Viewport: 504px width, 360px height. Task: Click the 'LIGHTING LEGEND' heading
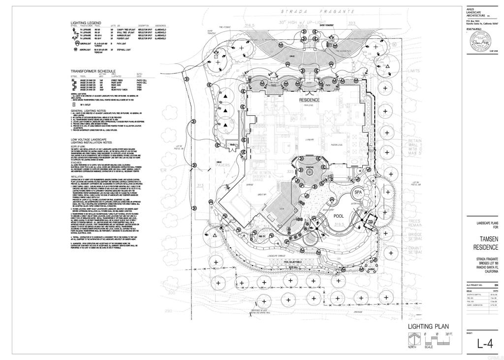[86, 23]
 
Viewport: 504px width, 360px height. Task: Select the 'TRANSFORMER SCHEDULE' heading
[93, 71]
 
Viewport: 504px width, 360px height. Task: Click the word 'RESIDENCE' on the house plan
[310, 100]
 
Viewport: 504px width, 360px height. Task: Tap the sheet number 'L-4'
[485, 344]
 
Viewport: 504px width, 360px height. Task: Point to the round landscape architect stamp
[485, 39]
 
